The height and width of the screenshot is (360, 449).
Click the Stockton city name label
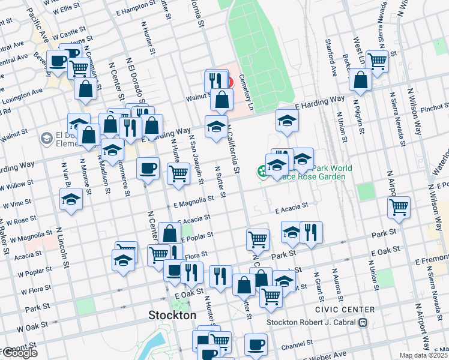click(x=172, y=315)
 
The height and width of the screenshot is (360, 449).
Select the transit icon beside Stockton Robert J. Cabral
click(x=362, y=322)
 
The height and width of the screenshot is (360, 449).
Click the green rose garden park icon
click(x=263, y=172)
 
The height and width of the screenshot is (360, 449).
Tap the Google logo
click(x=19, y=353)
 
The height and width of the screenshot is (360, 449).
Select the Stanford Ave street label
click(x=330, y=53)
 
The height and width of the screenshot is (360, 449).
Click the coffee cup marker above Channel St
click(x=256, y=344)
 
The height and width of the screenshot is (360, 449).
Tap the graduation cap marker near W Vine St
click(x=71, y=199)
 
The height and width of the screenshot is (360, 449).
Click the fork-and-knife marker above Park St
click(x=311, y=232)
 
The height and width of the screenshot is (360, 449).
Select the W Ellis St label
click(x=66, y=10)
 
